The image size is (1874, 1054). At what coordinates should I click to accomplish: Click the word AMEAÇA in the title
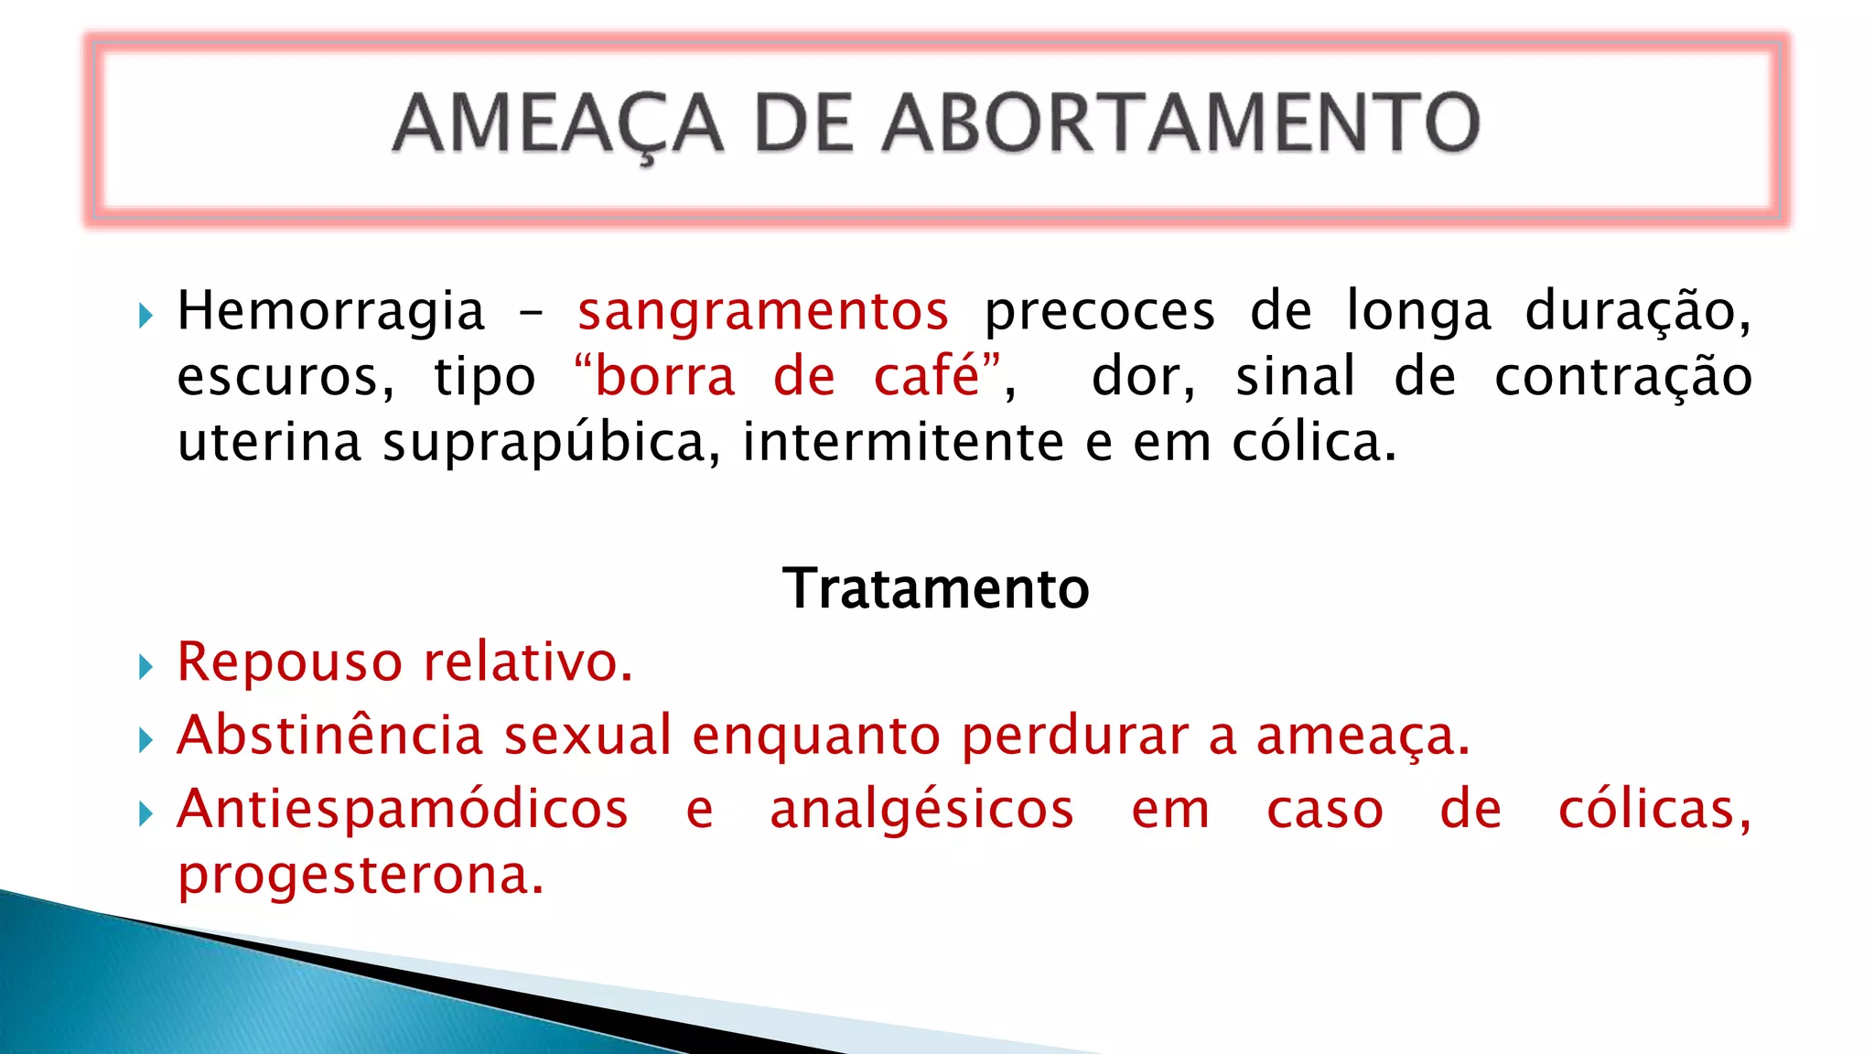[x=558, y=124]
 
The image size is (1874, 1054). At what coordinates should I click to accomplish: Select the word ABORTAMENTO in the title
[x=1180, y=123]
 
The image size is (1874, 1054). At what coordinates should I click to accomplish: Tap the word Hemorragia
[x=330, y=311]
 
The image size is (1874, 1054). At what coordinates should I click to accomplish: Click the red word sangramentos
[x=763, y=311]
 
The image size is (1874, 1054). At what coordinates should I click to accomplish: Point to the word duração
[x=1637, y=311]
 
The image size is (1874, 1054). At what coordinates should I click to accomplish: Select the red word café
[x=926, y=377]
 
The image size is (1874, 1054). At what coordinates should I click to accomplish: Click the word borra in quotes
[x=665, y=377]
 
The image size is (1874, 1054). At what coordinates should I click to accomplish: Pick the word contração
[x=1622, y=377]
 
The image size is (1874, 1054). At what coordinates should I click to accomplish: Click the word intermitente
[x=903, y=442]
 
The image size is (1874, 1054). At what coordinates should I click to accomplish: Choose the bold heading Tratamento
[x=936, y=588]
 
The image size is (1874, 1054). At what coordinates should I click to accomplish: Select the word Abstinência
[x=329, y=736]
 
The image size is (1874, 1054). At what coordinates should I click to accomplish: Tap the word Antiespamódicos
[x=403, y=811]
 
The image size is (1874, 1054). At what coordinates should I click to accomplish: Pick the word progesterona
[x=361, y=877]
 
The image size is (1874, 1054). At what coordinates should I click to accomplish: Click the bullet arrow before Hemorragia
[x=145, y=317]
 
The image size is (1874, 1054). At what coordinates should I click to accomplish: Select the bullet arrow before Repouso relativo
[x=145, y=667]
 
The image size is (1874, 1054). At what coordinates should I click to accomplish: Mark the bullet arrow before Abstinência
[x=145, y=740]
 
